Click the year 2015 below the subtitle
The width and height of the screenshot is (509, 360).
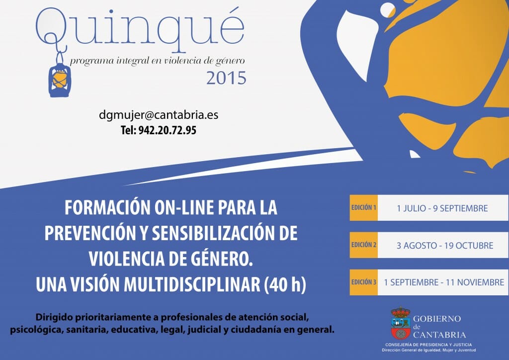226,78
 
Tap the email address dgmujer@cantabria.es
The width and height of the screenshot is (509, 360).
159,115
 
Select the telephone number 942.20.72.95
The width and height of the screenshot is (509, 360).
167,130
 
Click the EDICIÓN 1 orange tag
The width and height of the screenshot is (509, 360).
363,208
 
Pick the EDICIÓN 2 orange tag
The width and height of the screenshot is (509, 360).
363,245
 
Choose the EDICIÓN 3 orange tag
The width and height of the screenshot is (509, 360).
363,282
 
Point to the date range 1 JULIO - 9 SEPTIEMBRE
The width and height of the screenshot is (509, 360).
442,208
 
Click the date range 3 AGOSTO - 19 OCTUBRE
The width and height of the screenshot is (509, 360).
445,246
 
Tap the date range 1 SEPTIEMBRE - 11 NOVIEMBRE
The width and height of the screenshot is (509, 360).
444,282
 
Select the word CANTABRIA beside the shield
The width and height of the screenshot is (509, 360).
439,335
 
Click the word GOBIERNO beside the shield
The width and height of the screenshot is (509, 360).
437,319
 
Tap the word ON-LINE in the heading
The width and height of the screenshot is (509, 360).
183,208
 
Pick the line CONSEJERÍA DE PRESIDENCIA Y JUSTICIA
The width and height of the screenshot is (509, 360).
428,345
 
